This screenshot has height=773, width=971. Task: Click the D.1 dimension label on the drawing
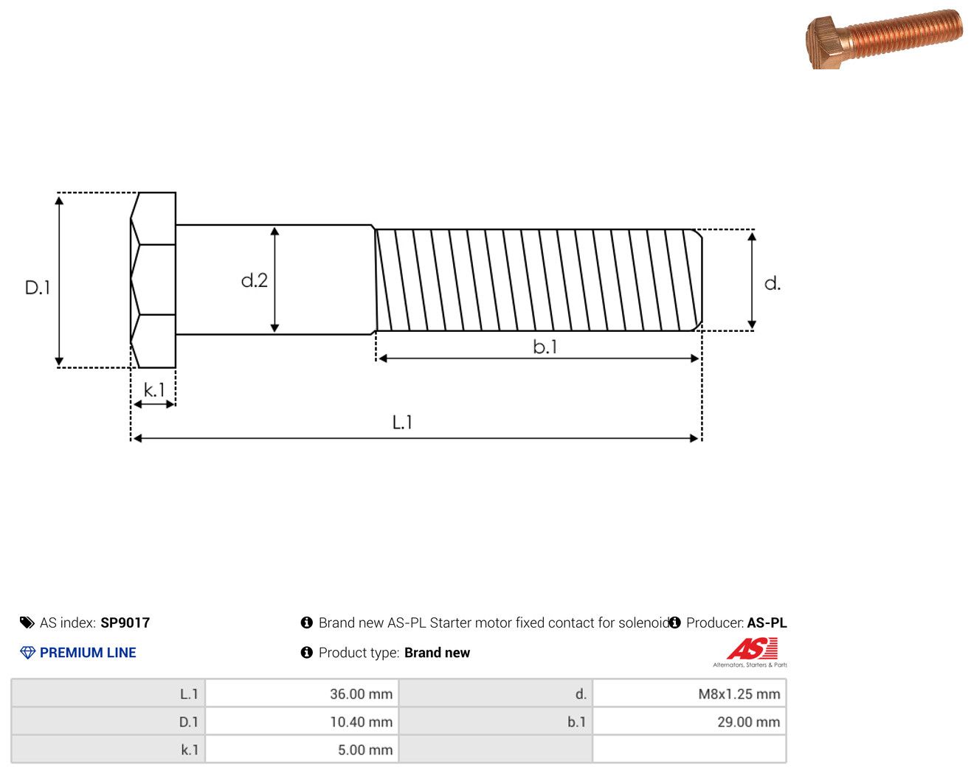tap(38, 288)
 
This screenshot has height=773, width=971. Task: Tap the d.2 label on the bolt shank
tap(255, 280)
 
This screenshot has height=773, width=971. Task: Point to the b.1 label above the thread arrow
tap(545, 347)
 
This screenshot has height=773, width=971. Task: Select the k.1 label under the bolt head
tap(154, 389)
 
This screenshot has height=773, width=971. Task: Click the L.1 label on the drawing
tap(401, 423)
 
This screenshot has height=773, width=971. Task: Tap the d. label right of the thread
tap(772, 284)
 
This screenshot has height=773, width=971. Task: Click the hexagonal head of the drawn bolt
tap(153, 280)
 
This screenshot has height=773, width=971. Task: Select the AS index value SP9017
tap(125, 623)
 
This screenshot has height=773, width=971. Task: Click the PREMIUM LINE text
tap(88, 653)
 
